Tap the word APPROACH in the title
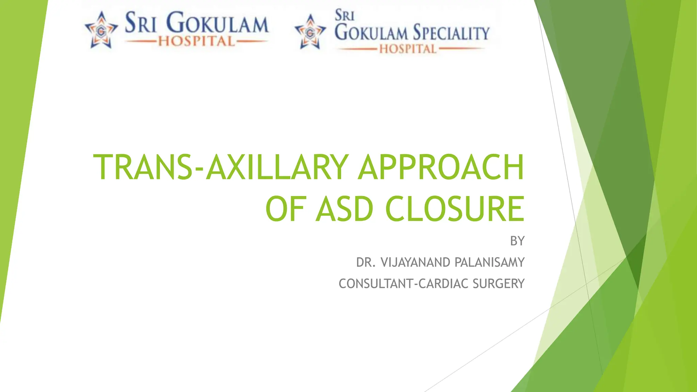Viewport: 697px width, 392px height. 441,167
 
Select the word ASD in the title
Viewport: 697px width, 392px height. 344,209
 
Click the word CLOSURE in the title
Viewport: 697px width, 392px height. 455,209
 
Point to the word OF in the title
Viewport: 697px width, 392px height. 285,209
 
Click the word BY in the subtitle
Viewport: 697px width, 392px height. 517,241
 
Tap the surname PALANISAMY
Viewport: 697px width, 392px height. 489,262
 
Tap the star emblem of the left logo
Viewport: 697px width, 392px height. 101,31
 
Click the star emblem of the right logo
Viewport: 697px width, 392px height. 310,33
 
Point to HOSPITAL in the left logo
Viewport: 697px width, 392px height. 197,42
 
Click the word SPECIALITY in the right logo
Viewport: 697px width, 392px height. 451,33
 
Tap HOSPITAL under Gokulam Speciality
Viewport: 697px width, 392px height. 408,49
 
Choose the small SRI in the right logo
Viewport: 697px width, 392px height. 344,16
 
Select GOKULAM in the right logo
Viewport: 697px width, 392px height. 371,33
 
